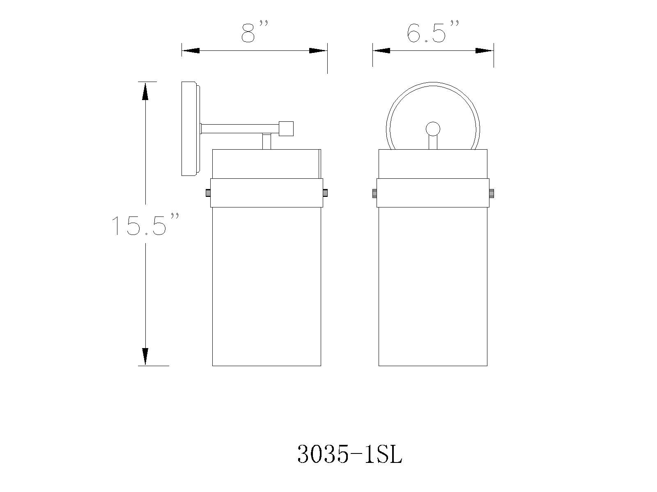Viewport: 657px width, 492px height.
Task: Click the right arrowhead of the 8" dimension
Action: (318, 51)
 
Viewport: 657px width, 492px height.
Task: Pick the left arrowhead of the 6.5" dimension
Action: (381, 51)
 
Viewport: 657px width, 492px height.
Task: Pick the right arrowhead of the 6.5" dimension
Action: (484, 51)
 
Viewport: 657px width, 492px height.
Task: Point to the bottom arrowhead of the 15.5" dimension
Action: (145, 356)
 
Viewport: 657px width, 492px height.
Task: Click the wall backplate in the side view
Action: (190, 129)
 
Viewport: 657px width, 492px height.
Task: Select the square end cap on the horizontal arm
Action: (286, 129)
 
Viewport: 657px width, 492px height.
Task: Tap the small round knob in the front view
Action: (433, 129)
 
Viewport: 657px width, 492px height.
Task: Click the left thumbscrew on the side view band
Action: (208, 193)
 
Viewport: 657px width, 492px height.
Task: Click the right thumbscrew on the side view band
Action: (325, 193)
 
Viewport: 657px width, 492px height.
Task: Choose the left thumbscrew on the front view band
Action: (374, 193)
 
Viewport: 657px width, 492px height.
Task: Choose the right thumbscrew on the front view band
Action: (492, 193)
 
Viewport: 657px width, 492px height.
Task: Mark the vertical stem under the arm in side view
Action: (266, 141)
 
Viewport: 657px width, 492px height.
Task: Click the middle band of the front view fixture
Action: (433, 193)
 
